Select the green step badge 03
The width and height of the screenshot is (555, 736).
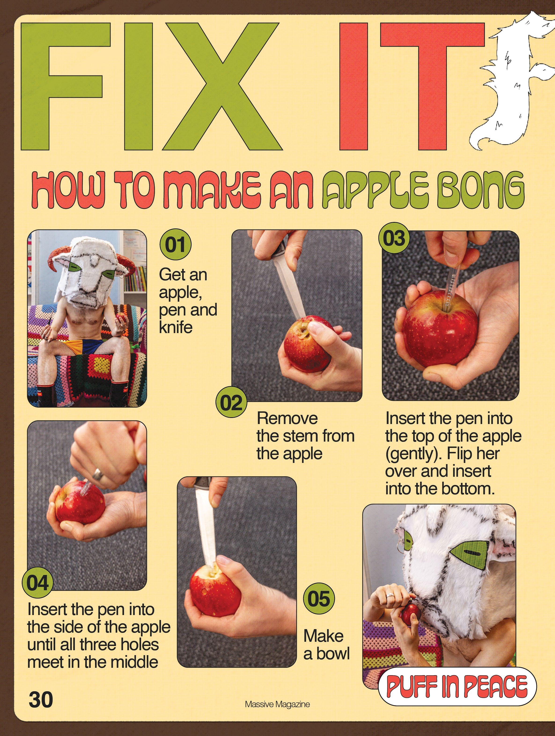pyautogui.click(x=394, y=238)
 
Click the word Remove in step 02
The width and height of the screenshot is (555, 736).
pyautogui.click(x=287, y=418)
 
